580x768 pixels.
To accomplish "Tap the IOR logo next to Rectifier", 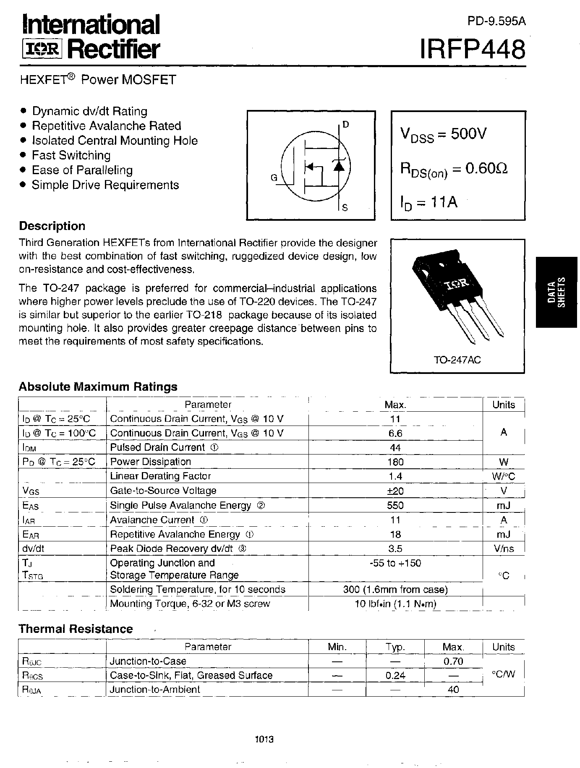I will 42,50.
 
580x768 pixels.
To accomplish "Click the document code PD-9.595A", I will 496,21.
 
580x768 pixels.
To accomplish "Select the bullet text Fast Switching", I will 71,155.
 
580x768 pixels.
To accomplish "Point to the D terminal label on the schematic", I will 345,124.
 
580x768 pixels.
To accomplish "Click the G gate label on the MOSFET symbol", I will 274,178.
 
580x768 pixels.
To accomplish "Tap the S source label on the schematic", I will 345,207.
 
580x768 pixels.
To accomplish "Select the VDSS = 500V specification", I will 443,135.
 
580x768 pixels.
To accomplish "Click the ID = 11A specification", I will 428,203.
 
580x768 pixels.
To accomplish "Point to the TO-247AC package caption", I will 457,360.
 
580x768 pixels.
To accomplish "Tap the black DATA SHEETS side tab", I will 556,292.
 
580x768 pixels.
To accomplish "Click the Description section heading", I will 52,226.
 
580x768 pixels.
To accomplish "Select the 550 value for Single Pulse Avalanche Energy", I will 395,505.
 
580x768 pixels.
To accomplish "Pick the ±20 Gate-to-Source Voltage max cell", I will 395,491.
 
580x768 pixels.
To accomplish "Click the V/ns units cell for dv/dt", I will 504,549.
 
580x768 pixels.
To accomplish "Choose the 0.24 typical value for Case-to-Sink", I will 395,675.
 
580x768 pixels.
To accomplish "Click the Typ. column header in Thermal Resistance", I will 395,647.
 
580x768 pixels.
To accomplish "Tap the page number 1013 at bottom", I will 264,739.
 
